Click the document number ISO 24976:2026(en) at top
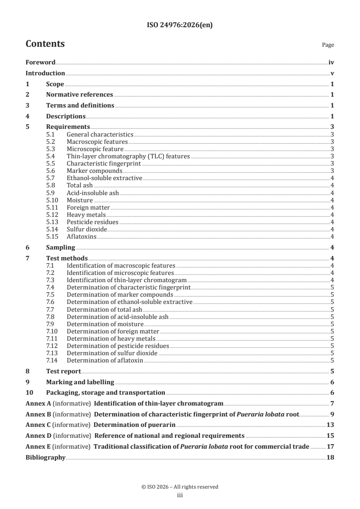180,25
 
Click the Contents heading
45,44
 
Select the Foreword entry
40,63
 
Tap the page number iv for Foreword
331,63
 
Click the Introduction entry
45,73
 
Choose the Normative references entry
79,94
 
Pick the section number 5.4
50,156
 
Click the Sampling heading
60,247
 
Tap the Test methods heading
67,258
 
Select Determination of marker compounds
113,294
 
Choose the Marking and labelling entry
80,382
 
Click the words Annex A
38,403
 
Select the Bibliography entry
45,457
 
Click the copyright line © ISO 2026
180,487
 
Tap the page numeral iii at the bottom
180,495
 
